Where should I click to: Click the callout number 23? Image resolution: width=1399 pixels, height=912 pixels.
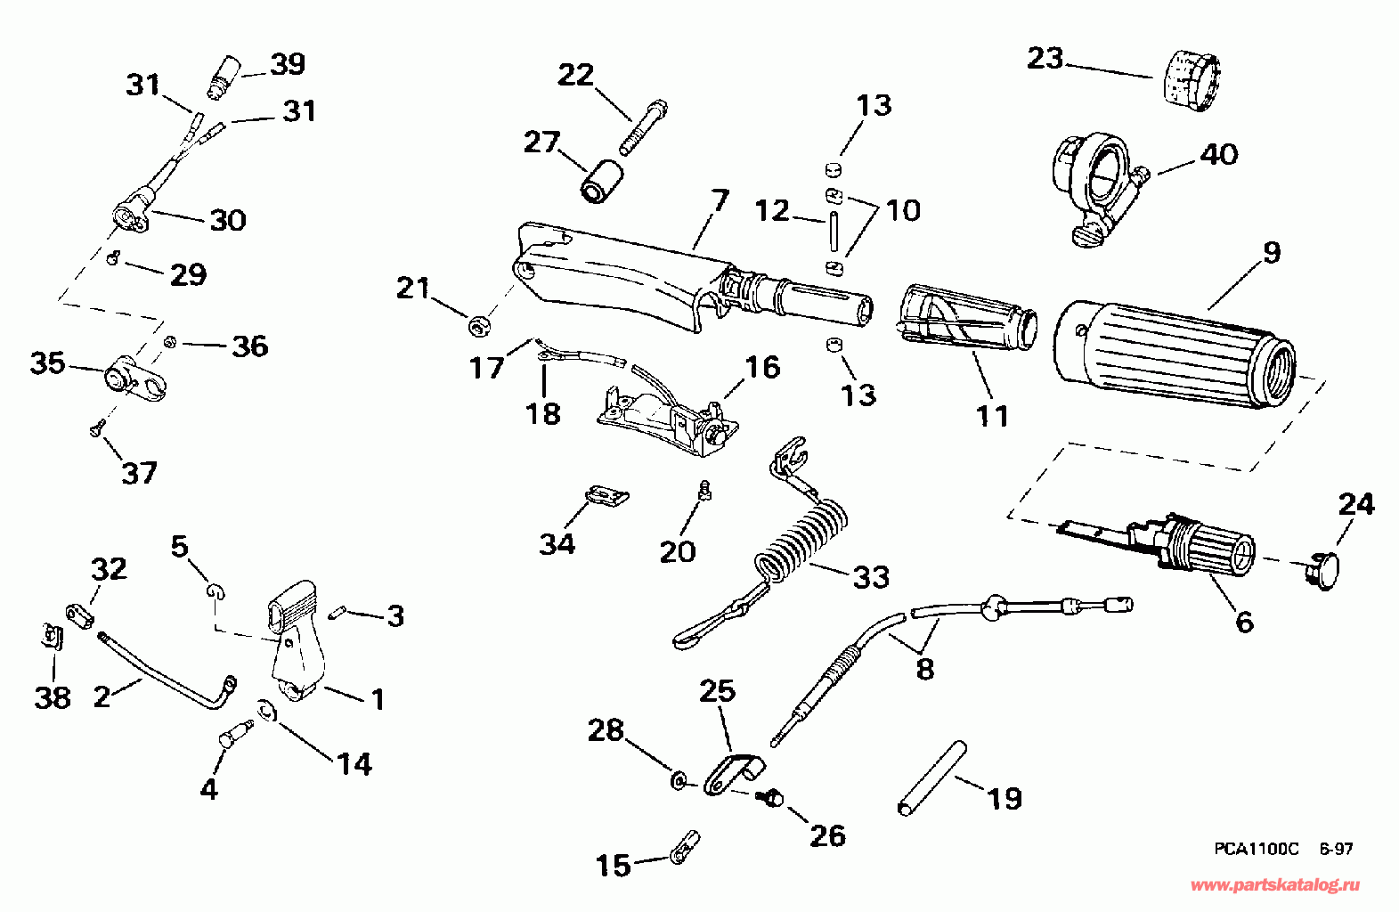(1045, 58)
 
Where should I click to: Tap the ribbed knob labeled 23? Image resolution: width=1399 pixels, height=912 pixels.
(1192, 82)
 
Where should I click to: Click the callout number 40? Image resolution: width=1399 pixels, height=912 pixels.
(1218, 154)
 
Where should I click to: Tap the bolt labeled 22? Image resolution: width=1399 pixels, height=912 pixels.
(643, 126)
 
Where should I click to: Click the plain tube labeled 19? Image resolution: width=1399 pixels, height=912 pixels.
(931, 778)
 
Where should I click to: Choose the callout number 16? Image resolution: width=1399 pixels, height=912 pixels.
(762, 367)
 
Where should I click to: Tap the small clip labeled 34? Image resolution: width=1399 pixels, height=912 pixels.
(607, 495)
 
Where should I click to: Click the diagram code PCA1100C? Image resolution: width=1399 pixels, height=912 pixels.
(1256, 849)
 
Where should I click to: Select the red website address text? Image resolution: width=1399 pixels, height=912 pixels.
(1274, 885)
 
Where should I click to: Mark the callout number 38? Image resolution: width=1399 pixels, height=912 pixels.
(53, 697)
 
